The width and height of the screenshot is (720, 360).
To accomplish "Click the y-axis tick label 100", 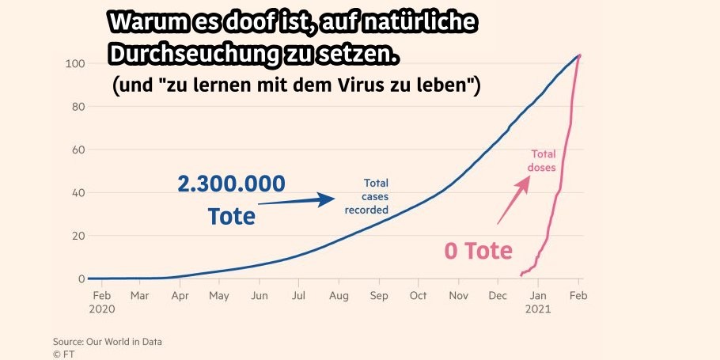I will pyautogui.click(x=74, y=63).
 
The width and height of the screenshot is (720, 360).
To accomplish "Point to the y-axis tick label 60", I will pyautogui.click(x=76, y=150).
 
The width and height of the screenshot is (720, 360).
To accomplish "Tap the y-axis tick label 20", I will pyautogui.click(x=76, y=236).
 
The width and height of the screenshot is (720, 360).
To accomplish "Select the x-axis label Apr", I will pyautogui.click(x=179, y=296).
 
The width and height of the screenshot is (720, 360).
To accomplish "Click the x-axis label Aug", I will pyautogui.click(x=339, y=296).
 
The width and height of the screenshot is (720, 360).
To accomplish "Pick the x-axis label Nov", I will pyautogui.click(x=459, y=296).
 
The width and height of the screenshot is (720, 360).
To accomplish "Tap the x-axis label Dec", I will pyautogui.click(x=498, y=296).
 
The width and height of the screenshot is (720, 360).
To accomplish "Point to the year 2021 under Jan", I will pyautogui.click(x=539, y=309).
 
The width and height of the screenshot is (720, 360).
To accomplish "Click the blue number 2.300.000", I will pyautogui.click(x=230, y=185).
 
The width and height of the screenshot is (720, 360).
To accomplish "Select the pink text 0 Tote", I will pyautogui.click(x=478, y=251).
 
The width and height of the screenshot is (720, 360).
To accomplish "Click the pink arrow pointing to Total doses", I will pyautogui.click(x=513, y=201).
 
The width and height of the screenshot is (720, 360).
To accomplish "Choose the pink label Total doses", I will pyautogui.click(x=543, y=161).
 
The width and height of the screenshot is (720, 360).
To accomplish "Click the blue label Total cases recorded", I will pyautogui.click(x=367, y=196).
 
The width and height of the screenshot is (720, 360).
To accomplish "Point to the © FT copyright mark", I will pyautogui.click(x=63, y=353).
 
